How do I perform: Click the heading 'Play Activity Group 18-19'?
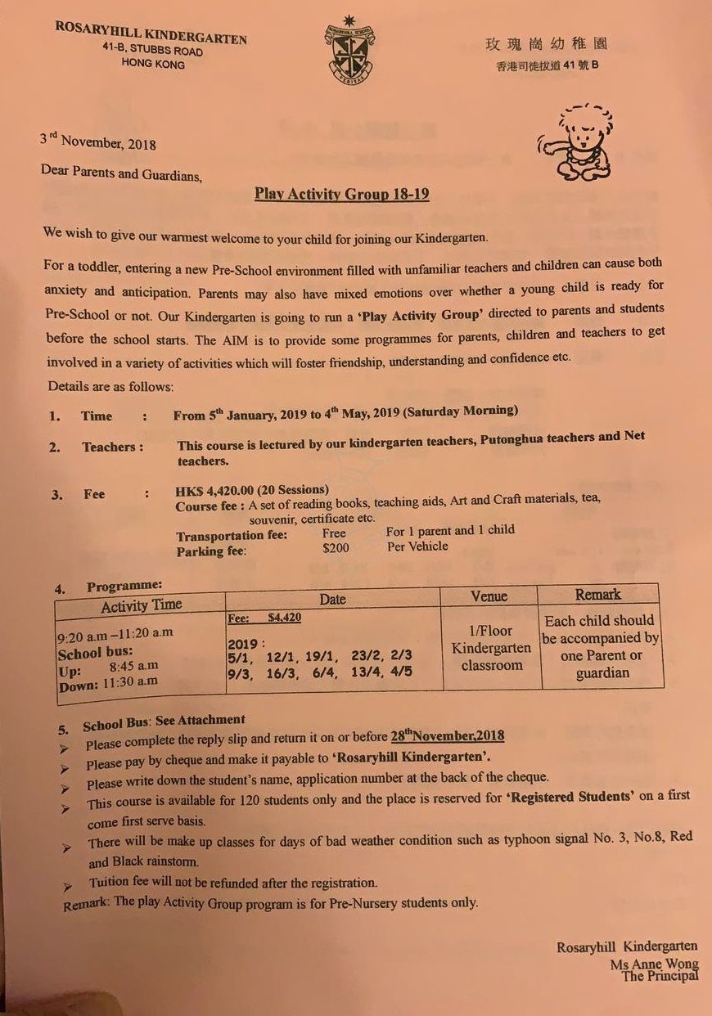coord(341,195)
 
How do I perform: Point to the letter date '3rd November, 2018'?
coord(97,142)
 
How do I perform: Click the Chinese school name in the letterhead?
coord(546,44)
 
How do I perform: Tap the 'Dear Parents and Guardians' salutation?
coord(120,173)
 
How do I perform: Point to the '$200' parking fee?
coord(336,547)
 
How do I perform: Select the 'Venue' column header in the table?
coord(489,596)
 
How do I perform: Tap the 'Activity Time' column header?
coord(141,605)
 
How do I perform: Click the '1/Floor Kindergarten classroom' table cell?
coord(491,648)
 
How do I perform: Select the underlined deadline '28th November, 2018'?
coord(447,735)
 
